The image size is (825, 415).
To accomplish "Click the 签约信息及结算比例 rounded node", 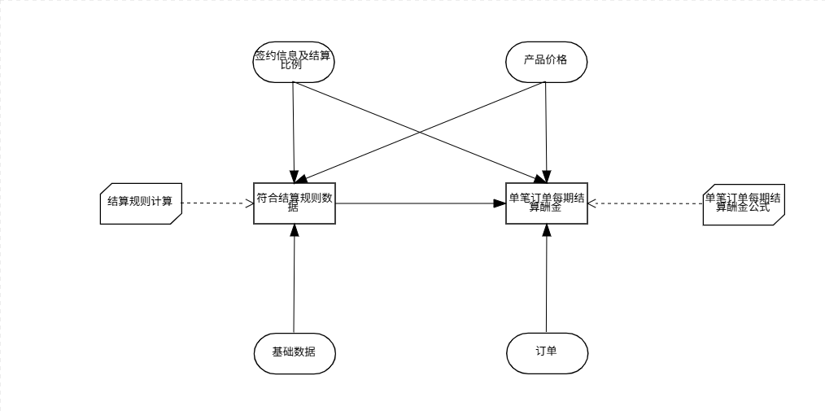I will (294, 60).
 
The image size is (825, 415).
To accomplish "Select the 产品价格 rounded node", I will (546, 60).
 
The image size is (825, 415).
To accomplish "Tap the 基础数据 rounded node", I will (294, 352).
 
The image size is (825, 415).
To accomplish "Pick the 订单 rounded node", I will (546, 352).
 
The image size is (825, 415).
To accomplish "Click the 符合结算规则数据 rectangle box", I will (294, 202).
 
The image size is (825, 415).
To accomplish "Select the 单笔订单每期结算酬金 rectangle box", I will (546, 202).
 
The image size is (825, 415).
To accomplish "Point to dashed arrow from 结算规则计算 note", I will (216, 202).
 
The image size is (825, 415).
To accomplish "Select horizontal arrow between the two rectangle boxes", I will (419, 202).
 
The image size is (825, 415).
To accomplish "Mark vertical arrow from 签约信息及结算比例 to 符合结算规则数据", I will (293, 130).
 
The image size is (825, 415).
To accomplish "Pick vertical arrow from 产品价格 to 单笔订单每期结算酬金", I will (546, 130).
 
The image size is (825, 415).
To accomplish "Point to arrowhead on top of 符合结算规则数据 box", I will (294, 176).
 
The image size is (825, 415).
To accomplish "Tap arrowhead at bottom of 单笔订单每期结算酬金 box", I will (546, 229).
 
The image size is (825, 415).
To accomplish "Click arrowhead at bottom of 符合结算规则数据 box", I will (294, 229).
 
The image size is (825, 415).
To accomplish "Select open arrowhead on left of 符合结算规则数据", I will (251, 202).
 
